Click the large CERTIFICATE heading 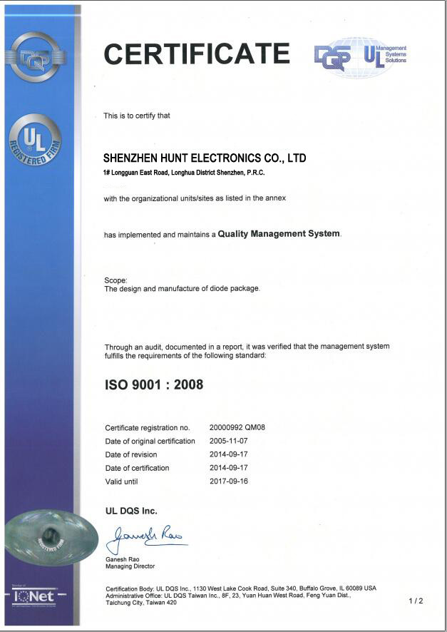click(x=197, y=54)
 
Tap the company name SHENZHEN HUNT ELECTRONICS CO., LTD click(x=205, y=158)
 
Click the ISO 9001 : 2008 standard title click(x=154, y=384)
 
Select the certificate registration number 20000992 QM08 click(x=237, y=427)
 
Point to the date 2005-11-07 click(x=228, y=441)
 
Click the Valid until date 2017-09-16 click(x=228, y=481)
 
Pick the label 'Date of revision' click(x=131, y=454)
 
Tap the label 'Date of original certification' click(x=150, y=441)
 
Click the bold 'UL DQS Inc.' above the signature click(x=131, y=511)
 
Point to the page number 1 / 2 click(x=416, y=601)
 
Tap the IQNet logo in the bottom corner click(x=34, y=596)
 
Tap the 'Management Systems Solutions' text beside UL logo click(x=396, y=54)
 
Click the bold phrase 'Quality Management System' click(x=279, y=234)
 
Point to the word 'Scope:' click(x=115, y=280)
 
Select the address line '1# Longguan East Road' click(x=185, y=173)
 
